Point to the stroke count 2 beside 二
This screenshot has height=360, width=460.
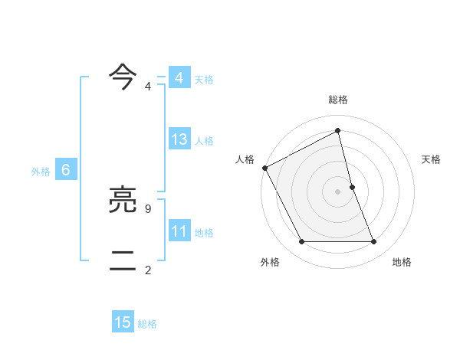pos(148,270)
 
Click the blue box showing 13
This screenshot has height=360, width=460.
pos(179,139)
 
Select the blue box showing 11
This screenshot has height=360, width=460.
pos(179,231)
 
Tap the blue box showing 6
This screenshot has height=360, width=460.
pos(66,170)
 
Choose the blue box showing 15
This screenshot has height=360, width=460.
pos(123,322)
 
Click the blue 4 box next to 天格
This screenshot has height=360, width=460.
pos(179,78)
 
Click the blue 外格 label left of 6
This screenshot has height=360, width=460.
pos(41,172)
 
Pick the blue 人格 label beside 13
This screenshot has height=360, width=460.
pos(205,141)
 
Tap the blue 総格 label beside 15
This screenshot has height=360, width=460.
pos(147,324)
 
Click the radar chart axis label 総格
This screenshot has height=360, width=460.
pos(338,100)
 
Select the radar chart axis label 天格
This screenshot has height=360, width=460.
pos(432,159)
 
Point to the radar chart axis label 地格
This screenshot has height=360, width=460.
pos(402,262)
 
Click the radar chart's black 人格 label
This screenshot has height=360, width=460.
pos(245,159)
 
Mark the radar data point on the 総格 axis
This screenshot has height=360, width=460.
pos(338,130)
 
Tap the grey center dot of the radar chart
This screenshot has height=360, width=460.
pos(338,191)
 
